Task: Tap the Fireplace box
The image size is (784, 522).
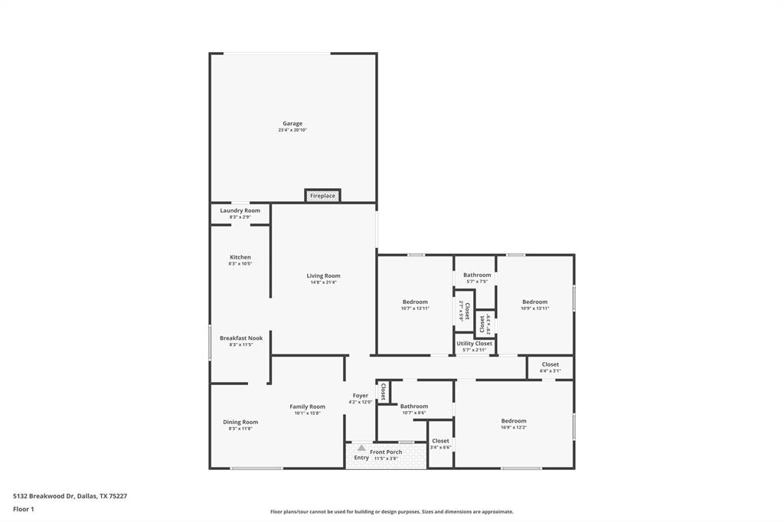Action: point(322,196)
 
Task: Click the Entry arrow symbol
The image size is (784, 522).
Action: point(361,448)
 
